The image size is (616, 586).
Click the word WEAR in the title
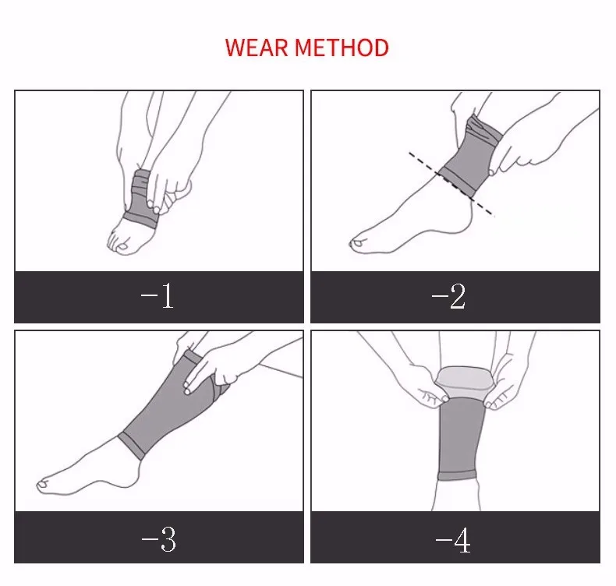tap(257, 48)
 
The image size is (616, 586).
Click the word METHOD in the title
tap(342, 48)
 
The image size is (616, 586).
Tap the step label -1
tap(158, 295)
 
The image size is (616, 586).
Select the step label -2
tap(448, 296)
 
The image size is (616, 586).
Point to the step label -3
tap(159, 540)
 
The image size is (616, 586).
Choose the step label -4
tap(453, 540)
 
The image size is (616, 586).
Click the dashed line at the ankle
tap(451, 184)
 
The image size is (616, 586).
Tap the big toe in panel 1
tap(122, 246)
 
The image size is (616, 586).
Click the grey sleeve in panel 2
tap(471, 157)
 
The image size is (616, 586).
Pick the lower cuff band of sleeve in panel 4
tap(457, 476)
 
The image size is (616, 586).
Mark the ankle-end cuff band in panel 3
tap(132, 447)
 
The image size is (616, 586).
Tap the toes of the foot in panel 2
tap(356, 244)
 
